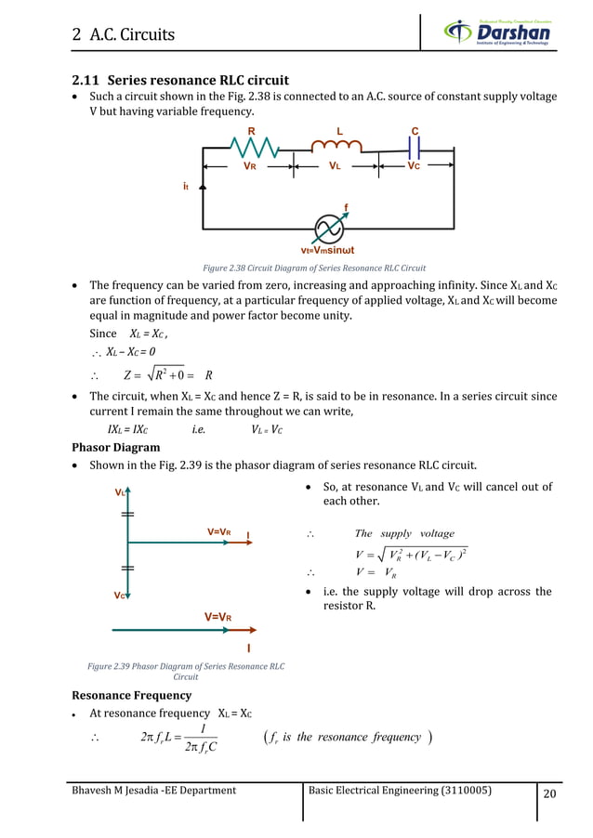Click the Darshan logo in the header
496,33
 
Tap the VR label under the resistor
249,166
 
